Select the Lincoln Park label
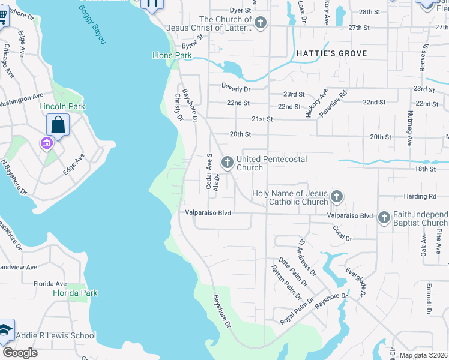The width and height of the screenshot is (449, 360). (x=62, y=106)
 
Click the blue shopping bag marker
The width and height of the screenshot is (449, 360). (x=58, y=125)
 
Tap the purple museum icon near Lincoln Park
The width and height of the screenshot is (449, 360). (x=46, y=143)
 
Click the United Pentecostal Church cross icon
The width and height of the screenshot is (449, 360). (x=228, y=162)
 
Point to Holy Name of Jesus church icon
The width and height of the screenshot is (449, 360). (x=337, y=196)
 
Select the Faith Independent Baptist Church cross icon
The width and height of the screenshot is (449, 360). (x=383, y=218)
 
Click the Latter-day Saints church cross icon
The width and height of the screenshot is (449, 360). (x=260, y=23)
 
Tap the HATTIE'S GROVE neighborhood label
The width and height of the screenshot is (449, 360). (x=331, y=53)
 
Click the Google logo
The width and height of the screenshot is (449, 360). (x=20, y=352)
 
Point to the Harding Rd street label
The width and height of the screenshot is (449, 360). (x=420, y=196)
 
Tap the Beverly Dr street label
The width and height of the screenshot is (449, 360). (x=235, y=89)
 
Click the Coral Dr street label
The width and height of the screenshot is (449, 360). (x=342, y=233)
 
